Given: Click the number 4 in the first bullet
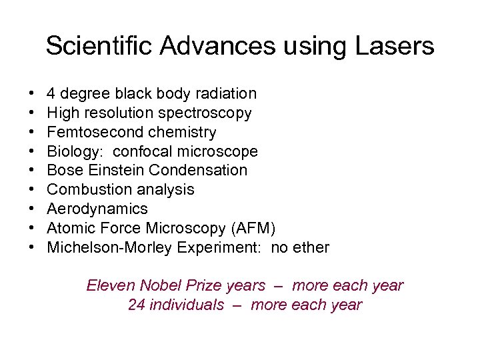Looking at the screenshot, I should (51, 94).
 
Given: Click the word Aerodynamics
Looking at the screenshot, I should (97, 209).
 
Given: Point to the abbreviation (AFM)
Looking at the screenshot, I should (253, 228).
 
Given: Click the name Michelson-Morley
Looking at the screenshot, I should (109, 247).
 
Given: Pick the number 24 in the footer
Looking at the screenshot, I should (137, 305).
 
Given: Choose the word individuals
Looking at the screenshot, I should (187, 305).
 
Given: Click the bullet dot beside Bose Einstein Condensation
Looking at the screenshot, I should (32, 171).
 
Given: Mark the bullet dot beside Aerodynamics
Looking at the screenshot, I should (32, 209).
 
